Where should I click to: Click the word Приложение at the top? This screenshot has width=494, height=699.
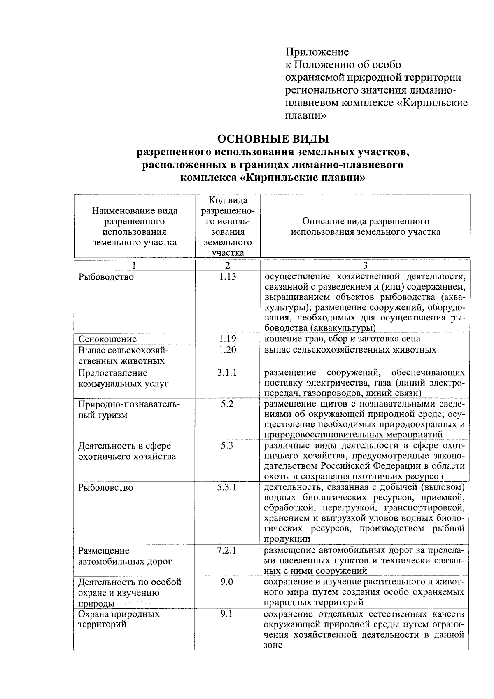pyautogui.click(x=317, y=52)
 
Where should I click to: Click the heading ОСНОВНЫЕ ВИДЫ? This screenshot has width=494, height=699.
pyautogui.click(x=273, y=138)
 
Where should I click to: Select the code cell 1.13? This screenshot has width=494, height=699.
pyautogui.click(x=228, y=276)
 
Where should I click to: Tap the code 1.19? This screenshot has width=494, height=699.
pyautogui.click(x=228, y=339)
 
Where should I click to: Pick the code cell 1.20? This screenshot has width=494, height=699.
pyautogui.click(x=228, y=350)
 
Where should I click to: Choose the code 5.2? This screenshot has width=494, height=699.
pyautogui.click(x=228, y=404)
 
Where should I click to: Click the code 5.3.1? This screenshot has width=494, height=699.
pyautogui.click(x=228, y=487)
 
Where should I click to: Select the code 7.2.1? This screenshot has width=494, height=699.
pyautogui.click(x=228, y=550)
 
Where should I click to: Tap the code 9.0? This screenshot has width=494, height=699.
pyautogui.click(x=228, y=582)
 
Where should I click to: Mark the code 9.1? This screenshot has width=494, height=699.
pyautogui.click(x=228, y=614)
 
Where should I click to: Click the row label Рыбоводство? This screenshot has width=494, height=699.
pyautogui.click(x=106, y=277)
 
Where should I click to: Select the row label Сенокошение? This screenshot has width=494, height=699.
pyautogui.click(x=107, y=339)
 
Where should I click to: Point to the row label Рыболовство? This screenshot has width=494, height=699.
pyautogui.click(x=106, y=488)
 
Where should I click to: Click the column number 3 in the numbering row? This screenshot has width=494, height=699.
pyautogui.click(x=365, y=266)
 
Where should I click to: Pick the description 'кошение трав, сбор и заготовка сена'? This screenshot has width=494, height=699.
pyautogui.click(x=342, y=339)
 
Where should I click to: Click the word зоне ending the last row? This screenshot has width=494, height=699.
pyautogui.click(x=273, y=645)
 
